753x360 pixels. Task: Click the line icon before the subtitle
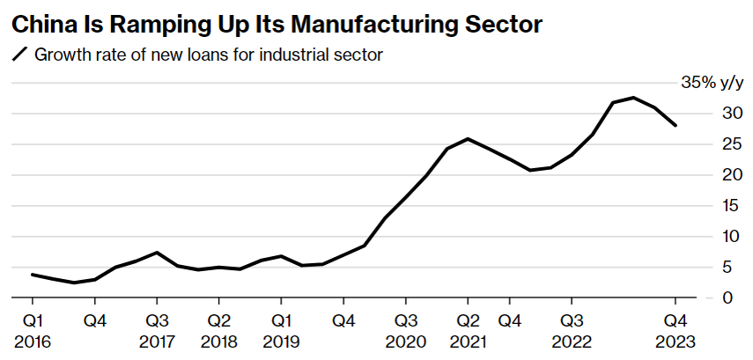19,55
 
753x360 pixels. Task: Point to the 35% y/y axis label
712,83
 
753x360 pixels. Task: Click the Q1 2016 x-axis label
33,331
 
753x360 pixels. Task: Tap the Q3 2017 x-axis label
157,331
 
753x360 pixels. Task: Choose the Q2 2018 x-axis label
219,331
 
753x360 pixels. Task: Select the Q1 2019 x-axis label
281,331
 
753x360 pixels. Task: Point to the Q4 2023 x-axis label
675,331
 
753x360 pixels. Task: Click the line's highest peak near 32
633,98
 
